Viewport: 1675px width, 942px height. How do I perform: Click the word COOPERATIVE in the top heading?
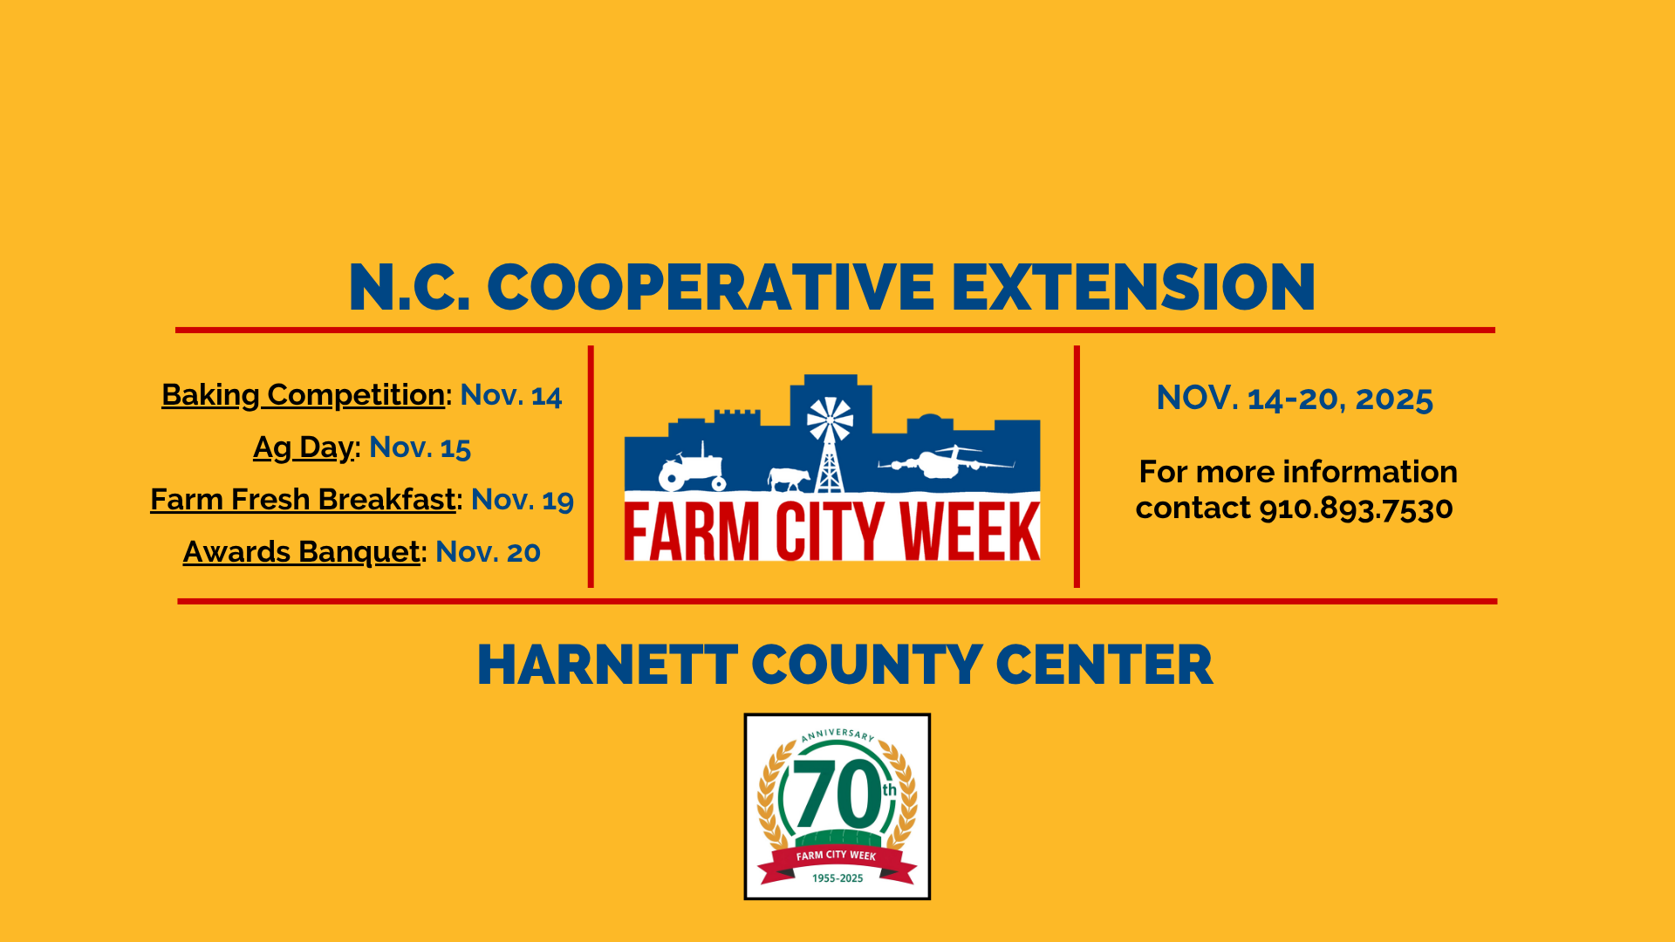[710, 287]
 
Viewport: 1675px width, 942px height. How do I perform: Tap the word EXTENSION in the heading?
[1133, 287]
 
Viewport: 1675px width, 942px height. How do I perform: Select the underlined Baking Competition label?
[304, 395]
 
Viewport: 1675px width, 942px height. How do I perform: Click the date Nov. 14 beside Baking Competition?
[511, 395]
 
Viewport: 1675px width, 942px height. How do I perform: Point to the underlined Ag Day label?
[304, 447]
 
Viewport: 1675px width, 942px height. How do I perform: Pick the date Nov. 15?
[420, 447]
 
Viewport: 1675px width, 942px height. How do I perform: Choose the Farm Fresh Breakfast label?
[303, 500]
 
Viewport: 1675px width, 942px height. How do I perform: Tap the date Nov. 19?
[523, 500]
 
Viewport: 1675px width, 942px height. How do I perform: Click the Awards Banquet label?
[301, 552]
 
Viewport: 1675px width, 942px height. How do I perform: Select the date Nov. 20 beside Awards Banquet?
[488, 552]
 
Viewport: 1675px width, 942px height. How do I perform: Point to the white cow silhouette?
[788, 479]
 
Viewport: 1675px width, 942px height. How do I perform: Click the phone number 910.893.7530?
[1357, 509]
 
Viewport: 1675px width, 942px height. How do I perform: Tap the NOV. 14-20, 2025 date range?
[1295, 399]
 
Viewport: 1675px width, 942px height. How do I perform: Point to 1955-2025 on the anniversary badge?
[837, 878]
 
